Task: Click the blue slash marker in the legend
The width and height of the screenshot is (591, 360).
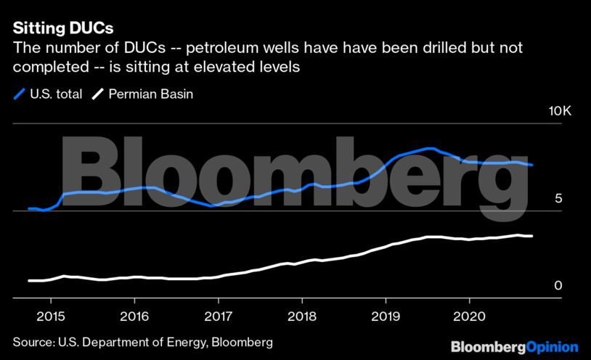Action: (x=19, y=94)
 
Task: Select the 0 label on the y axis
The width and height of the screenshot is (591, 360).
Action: (x=558, y=286)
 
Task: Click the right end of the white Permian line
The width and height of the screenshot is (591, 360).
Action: (x=532, y=236)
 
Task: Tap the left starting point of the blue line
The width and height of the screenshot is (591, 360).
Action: (x=29, y=208)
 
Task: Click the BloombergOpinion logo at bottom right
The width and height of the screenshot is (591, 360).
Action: (x=514, y=348)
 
